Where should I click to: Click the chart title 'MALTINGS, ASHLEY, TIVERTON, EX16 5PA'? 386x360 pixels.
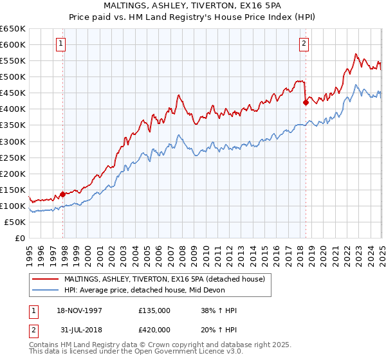[x=192, y=6]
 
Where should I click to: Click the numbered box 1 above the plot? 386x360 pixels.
[x=60, y=44]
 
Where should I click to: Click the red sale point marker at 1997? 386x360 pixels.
[x=63, y=194]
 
